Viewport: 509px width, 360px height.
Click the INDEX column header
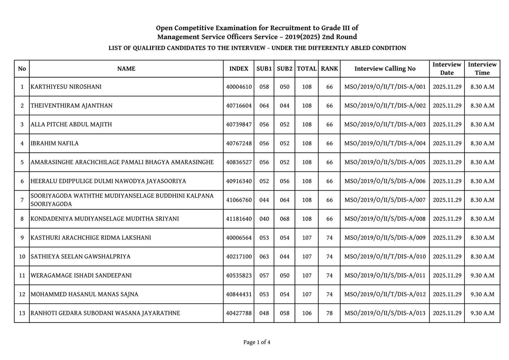(x=239, y=69)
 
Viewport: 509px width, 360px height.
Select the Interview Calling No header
(x=385, y=69)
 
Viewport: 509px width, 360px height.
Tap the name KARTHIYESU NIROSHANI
(x=66, y=87)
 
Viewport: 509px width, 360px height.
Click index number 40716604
(x=239, y=106)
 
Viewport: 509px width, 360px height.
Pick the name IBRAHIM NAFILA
(x=55, y=143)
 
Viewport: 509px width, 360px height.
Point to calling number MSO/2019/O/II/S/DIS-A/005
(x=385, y=162)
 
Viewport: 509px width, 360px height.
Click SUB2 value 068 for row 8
(x=284, y=219)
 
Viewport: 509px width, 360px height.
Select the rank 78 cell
(x=329, y=313)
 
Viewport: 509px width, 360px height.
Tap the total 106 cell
(x=307, y=313)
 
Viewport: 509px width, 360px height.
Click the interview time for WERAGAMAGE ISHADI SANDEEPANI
(x=482, y=275)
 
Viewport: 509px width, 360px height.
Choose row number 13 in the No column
(x=22, y=313)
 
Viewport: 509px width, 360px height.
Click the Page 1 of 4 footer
(x=257, y=343)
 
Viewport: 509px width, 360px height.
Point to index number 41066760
(x=239, y=200)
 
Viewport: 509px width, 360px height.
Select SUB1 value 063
(x=264, y=257)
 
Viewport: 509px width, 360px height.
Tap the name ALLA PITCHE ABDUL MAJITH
(x=71, y=124)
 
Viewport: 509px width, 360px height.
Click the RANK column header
(x=329, y=69)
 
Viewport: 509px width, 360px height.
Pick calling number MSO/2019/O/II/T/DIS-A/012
(x=385, y=294)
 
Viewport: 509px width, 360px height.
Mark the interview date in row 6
(x=447, y=181)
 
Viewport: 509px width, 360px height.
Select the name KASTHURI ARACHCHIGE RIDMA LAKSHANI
(x=91, y=238)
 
